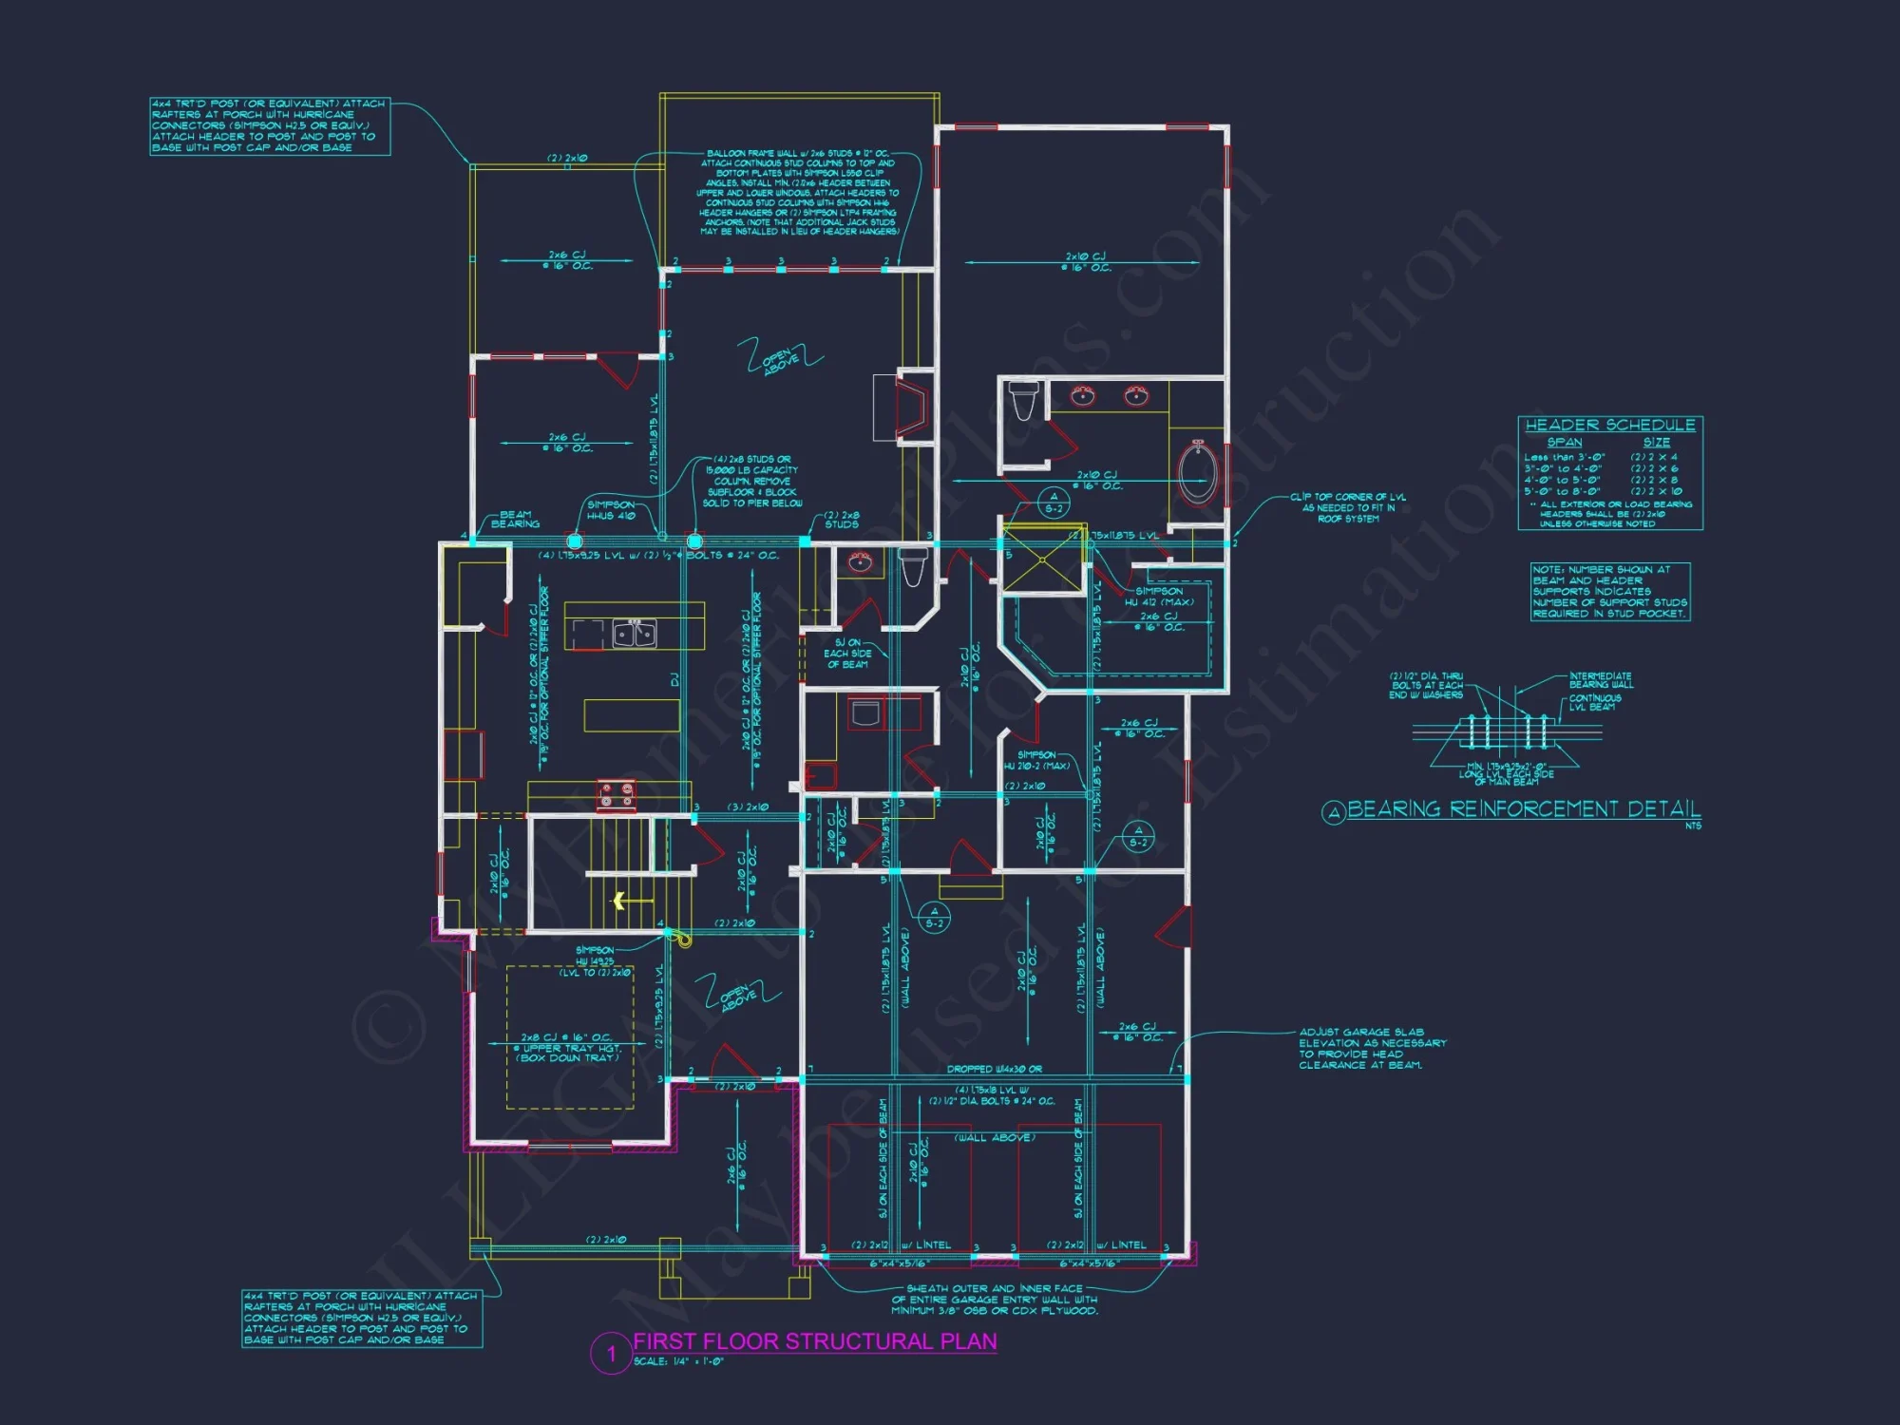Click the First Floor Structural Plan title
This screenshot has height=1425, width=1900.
point(814,1341)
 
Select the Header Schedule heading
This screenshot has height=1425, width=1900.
point(1609,425)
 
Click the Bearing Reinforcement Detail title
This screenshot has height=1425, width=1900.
point(1523,809)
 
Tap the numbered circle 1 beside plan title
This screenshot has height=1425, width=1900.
point(611,1354)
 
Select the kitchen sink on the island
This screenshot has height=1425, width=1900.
point(634,634)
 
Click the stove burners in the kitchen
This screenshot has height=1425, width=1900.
point(616,794)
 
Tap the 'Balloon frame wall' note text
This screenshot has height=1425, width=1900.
point(798,192)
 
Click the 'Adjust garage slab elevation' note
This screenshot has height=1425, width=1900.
point(1372,1049)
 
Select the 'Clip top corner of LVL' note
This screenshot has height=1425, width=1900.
point(1347,508)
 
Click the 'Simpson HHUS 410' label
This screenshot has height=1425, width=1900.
point(611,510)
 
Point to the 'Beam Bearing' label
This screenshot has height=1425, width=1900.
point(519,520)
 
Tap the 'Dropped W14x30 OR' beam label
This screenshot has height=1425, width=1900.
point(994,1070)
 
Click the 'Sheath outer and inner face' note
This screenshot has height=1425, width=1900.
point(994,1300)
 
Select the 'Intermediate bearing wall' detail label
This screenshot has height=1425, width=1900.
point(1600,680)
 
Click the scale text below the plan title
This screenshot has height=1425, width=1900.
point(678,1362)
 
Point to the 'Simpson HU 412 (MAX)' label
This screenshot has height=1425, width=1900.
point(1158,597)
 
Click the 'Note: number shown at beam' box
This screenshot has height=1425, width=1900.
point(1609,592)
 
